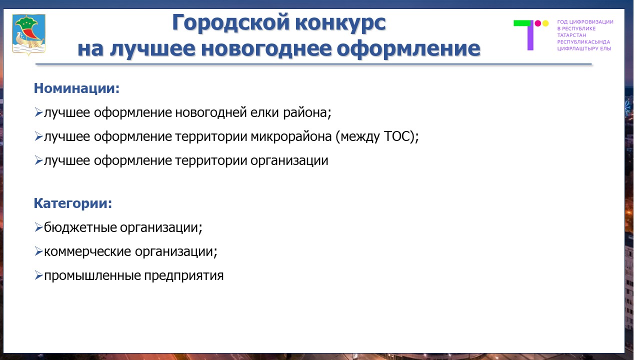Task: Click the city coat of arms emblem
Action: [x=28, y=34]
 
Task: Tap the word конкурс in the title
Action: [x=340, y=23]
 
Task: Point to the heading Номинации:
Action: [x=76, y=88]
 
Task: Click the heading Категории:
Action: [x=73, y=203]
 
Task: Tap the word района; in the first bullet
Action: [x=307, y=113]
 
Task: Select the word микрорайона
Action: [x=291, y=137]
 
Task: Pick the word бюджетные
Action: [x=80, y=227]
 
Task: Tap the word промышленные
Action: [x=92, y=276]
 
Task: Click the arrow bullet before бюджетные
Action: [x=38, y=227]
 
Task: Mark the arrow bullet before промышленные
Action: [x=38, y=275]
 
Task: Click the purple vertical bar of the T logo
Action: [x=530, y=35]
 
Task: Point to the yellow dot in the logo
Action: [x=545, y=23]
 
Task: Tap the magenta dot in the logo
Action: [x=537, y=23]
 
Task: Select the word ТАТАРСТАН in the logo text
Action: [x=571, y=35]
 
